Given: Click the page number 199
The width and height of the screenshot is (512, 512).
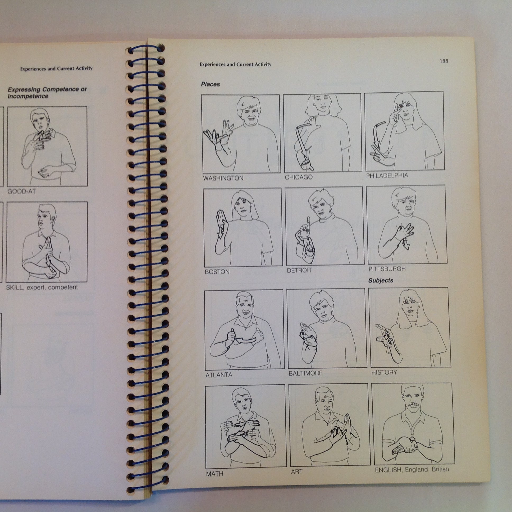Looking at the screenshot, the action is pos(444,61).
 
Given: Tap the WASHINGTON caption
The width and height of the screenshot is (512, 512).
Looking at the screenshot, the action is pos(223,178).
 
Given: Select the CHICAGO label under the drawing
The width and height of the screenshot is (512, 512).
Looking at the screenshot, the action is pos(299,177).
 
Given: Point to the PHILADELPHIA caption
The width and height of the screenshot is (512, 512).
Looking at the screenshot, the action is pos(387,175).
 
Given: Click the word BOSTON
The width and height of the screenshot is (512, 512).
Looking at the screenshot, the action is pos(217,272).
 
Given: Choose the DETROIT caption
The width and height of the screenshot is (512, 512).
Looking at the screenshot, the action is pos(299,270).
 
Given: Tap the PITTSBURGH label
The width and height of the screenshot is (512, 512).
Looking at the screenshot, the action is pos(387,269).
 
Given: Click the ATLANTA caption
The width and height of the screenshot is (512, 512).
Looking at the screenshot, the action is pos(219,375).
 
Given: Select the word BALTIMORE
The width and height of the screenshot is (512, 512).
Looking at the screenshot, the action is pos(305,373).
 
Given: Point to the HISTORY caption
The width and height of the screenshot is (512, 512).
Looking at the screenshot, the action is pos(384,372).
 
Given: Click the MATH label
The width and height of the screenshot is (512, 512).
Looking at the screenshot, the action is pos(214,474).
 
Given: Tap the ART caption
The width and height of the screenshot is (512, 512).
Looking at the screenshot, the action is pos(296,472).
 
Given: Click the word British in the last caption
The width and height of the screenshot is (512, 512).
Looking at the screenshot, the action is pos(440,469).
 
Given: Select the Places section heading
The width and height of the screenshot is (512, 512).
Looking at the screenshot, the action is pos(211,84).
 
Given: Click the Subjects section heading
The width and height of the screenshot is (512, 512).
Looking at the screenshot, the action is pos(381,280).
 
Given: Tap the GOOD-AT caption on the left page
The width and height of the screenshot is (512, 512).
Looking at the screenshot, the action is pos(21,191).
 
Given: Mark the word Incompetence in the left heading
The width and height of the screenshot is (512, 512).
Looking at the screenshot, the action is pos(28,96).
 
